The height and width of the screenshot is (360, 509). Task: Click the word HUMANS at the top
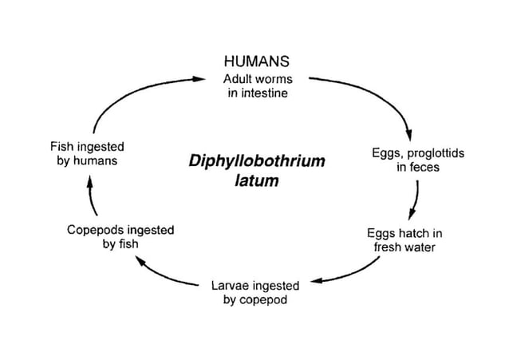pyautogui.click(x=255, y=61)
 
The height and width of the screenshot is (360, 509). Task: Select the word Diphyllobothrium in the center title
pyautogui.click(x=257, y=161)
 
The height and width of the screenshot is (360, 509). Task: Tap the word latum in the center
pyautogui.click(x=257, y=181)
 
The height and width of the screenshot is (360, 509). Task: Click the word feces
pyautogui.click(x=424, y=168)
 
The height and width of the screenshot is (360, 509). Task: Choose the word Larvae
pyautogui.click(x=230, y=285)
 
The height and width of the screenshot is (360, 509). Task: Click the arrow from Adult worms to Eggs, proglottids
pyautogui.click(x=375, y=92)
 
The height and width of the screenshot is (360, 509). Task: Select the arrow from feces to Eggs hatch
pyautogui.click(x=416, y=200)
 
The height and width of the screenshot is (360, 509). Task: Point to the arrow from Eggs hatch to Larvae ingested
pyautogui.click(x=351, y=271)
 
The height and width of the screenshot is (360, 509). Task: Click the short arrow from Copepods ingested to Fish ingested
pyautogui.click(x=90, y=196)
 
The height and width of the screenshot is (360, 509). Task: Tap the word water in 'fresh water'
pyautogui.click(x=420, y=247)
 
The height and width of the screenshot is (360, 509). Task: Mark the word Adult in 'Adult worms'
pyautogui.click(x=237, y=79)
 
